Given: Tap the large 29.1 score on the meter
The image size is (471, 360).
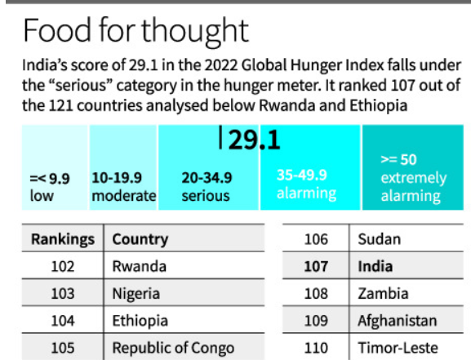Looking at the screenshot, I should click(254, 140).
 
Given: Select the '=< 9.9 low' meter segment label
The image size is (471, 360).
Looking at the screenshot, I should click(48, 186).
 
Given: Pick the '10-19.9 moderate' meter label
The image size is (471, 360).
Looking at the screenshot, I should click(123, 186).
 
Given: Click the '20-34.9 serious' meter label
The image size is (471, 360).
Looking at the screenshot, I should click(207, 186).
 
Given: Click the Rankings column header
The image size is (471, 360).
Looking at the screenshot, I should click(63, 239).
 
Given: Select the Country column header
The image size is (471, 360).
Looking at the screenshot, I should click(140, 239).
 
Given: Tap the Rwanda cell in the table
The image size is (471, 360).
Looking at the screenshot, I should click(140, 266).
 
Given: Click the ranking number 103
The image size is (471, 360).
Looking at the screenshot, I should click(63, 293).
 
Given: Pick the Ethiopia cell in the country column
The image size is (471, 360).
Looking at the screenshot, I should click(140, 320).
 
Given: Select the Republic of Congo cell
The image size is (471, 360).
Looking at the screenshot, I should click(173, 347).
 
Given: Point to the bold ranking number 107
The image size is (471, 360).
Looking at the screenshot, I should click(315, 266).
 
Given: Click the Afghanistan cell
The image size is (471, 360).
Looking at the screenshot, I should click(397, 320).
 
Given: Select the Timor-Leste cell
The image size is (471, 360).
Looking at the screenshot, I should click(396, 347).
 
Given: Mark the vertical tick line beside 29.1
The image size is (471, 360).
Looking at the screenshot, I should click(221, 139).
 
